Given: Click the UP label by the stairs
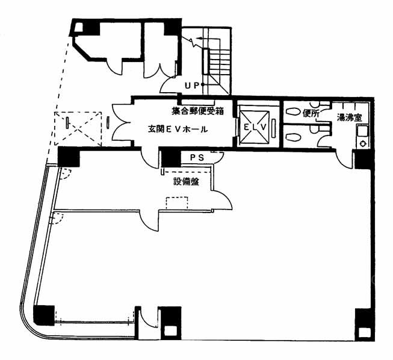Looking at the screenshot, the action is coord(192,85).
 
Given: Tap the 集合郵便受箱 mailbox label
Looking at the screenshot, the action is coord(197,111).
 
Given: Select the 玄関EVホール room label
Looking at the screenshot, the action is coord(178,129).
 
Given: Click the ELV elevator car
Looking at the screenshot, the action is coord(255,128).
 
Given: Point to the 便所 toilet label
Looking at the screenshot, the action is coord(311,114).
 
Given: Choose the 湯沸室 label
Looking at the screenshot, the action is coord(349,117).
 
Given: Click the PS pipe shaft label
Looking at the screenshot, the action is coord(197,158).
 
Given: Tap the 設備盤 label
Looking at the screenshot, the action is coord(186,181).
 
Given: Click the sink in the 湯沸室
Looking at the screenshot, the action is coord(362,131).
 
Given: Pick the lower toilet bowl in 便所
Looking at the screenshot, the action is coord(292,137).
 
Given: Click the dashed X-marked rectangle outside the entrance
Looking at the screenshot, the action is coord(78,129).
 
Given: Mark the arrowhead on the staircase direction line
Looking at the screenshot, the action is coord(199,39).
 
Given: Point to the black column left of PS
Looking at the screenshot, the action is coord(171,158).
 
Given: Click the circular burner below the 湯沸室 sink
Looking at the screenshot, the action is coord(362,144).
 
